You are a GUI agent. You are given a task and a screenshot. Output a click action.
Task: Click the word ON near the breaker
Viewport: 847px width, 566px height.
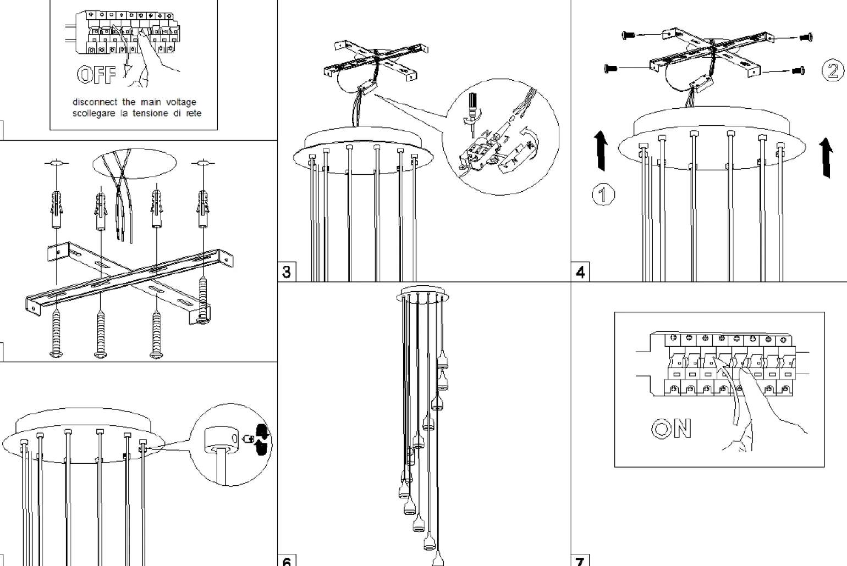click(x=671, y=429)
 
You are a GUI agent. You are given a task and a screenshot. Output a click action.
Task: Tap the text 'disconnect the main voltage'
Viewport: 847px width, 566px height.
click(x=134, y=102)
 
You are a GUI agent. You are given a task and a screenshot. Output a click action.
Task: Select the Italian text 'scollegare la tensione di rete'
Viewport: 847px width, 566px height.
click(x=137, y=113)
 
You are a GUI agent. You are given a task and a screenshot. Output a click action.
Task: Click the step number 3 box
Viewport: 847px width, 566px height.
click(x=287, y=272)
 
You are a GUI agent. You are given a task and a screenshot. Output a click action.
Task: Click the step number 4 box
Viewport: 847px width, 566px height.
click(x=580, y=272)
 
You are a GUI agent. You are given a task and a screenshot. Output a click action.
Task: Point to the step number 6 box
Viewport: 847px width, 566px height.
click(x=287, y=561)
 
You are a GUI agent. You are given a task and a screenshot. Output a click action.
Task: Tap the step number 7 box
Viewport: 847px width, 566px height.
click(x=580, y=561)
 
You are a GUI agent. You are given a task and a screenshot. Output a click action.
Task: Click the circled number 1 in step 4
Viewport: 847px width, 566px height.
click(x=603, y=195)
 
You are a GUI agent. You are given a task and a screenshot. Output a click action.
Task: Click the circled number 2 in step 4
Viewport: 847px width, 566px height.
click(x=832, y=70)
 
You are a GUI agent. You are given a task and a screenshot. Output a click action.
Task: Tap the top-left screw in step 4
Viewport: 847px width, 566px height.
click(x=628, y=35)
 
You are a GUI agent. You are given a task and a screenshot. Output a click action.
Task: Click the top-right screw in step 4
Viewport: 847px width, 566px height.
click(x=806, y=37)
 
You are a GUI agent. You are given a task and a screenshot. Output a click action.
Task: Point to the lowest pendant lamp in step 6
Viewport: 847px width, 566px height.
click(x=437, y=559)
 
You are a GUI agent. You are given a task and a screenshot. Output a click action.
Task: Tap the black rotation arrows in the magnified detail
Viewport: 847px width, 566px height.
click(x=262, y=440)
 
